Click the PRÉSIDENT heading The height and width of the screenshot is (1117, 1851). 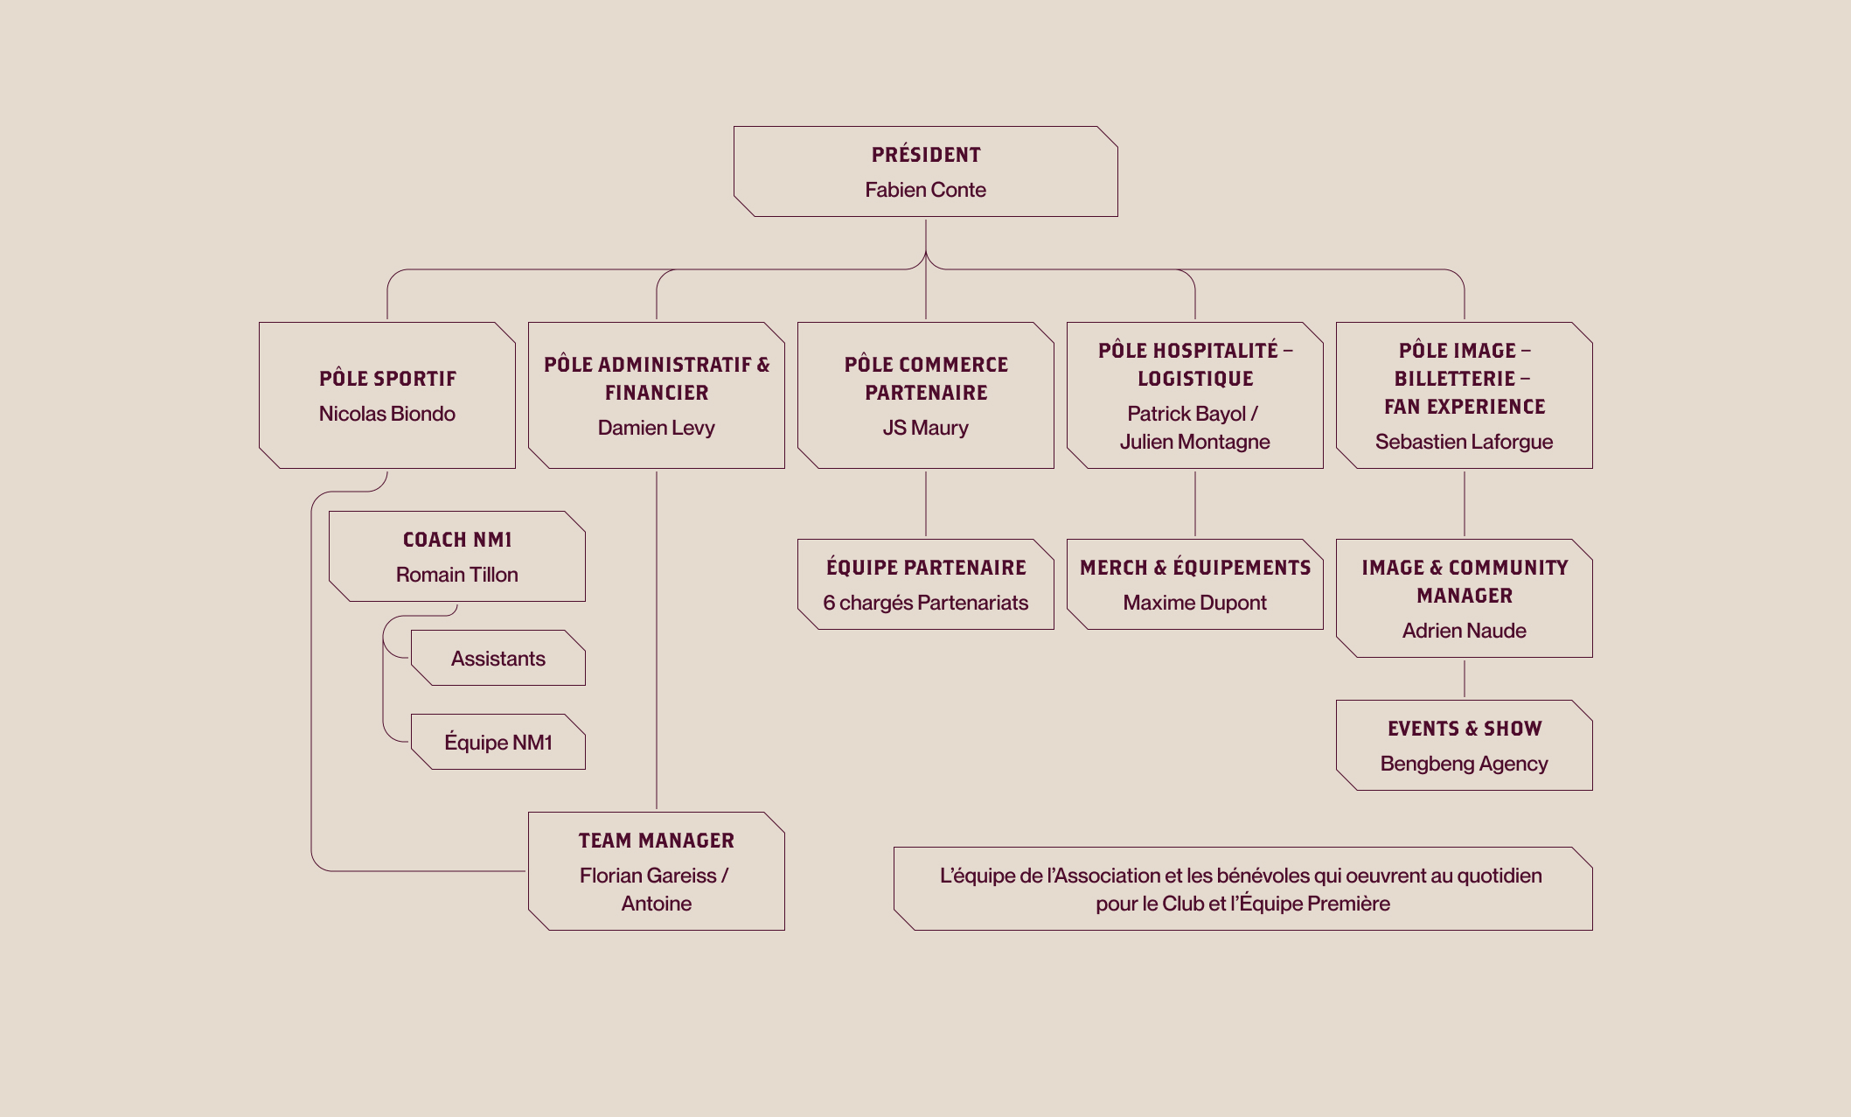click(926, 155)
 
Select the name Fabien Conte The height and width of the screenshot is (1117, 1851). click(926, 190)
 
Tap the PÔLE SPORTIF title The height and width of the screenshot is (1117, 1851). click(387, 379)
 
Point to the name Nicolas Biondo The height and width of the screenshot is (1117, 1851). click(387, 414)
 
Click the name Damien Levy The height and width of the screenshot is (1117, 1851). click(657, 428)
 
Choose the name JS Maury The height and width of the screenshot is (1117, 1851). click(926, 428)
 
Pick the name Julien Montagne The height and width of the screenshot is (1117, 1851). click(1195, 442)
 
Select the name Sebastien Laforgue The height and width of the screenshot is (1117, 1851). click(1465, 442)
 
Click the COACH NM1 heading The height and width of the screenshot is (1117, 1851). click(457, 540)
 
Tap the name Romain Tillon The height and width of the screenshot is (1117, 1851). click(457, 575)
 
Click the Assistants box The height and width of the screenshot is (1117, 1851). click(498, 658)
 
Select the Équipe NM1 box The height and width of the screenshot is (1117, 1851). click(498, 742)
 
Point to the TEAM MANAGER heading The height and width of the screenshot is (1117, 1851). click(657, 841)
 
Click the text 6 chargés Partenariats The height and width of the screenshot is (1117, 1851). click(926, 603)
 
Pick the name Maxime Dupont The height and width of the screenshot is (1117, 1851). click(1195, 603)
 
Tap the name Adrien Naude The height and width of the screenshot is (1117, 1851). click(1465, 631)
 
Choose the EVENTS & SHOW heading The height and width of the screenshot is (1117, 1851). click(1465, 729)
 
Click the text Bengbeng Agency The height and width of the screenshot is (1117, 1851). click(1465, 764)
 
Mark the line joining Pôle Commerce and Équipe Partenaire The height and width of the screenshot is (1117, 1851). click(926, 504)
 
